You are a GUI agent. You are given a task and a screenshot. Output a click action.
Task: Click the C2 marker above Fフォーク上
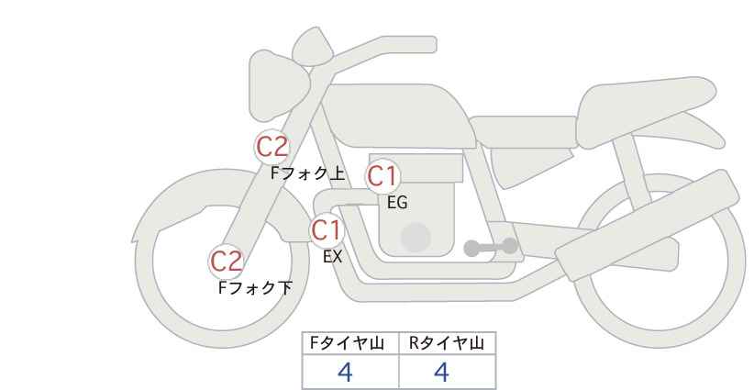pyautogui.click(x=272, y=146)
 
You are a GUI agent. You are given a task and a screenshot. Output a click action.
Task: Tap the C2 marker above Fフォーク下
pyautogui.click(x=227, y=262)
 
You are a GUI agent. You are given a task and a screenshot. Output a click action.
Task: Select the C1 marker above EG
pyautogui.click(x=383, y=176)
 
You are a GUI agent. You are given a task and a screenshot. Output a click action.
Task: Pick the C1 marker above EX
pyautogui.click(x=327, y=230)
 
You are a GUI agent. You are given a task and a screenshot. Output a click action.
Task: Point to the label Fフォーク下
pyautogui.click(x=255, y=287)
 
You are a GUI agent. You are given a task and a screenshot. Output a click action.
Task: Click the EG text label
pyautogui.click(x=397, y=203)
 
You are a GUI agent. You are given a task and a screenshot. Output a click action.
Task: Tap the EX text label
pyautogui.click(x=332, y=257)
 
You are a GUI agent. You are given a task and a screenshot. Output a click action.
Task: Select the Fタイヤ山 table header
pyautogui.click(x=347, y=343)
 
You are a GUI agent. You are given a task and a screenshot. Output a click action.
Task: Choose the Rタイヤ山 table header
pyautogui.click(x=447, y=343)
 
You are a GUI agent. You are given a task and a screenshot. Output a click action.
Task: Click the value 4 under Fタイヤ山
pyautogui.click(x=345, y=373)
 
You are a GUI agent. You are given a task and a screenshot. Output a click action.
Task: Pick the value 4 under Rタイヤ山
pyautogui.click(x=441, y=373)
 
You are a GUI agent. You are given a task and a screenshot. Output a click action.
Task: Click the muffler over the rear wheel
pyautogui.click(x=648, y=226)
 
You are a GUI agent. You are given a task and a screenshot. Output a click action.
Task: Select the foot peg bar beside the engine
pyautogui.click(x=491, y=247)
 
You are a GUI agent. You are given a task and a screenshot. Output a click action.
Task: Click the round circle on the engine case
pyautogui.click(x=416, y=237)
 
